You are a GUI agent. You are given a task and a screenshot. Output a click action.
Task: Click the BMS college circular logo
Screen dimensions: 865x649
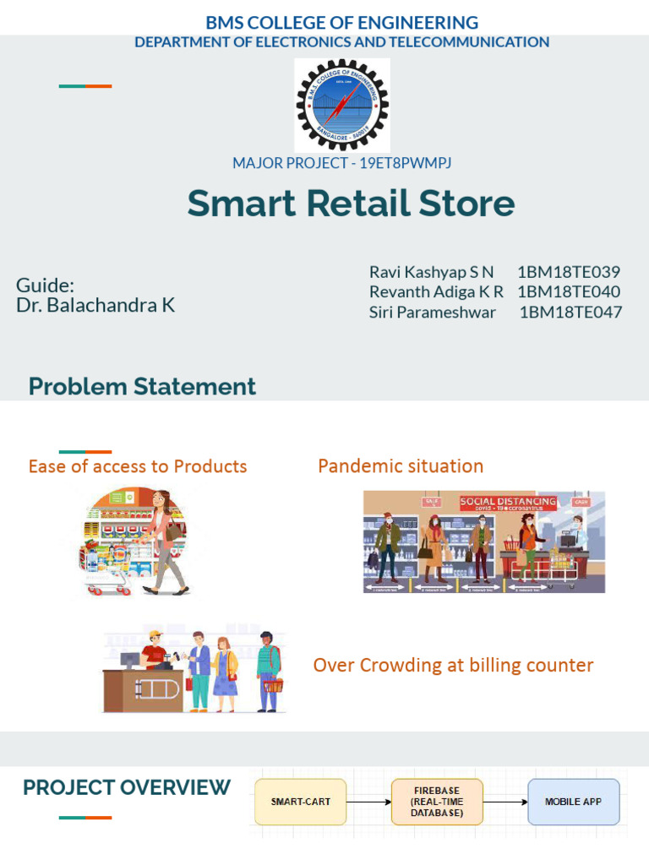pos(342,105)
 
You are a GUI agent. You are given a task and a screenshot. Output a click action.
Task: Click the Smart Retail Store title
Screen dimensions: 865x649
pos(351,204)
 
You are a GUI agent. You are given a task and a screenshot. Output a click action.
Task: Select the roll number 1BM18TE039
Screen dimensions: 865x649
pos(569,272)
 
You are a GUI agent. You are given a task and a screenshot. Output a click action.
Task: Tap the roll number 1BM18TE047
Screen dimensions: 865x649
pos(570,312)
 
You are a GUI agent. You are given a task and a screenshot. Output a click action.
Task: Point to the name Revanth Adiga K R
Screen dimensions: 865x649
pos(436,291)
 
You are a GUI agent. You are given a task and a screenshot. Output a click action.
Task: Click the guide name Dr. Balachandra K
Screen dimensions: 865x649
pos(95,305)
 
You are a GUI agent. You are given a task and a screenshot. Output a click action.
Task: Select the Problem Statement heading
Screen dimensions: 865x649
pos(142,387)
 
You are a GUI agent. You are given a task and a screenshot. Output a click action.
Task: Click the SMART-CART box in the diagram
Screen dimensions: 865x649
pos(301,802)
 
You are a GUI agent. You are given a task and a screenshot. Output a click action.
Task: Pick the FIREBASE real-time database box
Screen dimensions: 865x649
pos(437,802)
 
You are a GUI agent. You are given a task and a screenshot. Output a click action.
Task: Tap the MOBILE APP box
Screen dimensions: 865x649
pos(574,802)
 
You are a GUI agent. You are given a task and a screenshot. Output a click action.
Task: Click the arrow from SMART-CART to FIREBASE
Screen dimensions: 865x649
pos(368,802)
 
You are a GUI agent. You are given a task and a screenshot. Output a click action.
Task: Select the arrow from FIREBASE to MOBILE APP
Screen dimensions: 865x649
pos(505,802)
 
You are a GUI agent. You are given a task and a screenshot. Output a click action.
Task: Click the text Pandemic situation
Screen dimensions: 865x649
pos(401,465)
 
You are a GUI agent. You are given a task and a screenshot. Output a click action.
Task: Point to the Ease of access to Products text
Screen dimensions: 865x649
pos(138,466)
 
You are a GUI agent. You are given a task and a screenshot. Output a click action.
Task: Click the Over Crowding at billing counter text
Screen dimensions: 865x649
pos(453,665)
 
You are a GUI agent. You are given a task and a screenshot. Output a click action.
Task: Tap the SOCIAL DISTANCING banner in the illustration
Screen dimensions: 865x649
pos(508,502)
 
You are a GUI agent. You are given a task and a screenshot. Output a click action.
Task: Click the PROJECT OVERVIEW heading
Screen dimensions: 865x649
pos(127,787)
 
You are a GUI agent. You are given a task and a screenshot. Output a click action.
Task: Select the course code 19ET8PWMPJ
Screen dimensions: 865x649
pos(394,163)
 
